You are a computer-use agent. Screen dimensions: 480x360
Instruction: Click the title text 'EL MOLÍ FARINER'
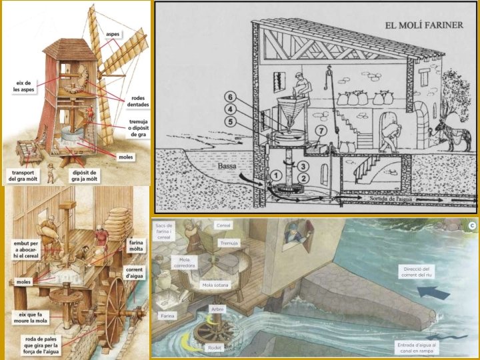[426, 26]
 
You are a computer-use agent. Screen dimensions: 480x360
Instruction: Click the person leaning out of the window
[293, 234]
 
